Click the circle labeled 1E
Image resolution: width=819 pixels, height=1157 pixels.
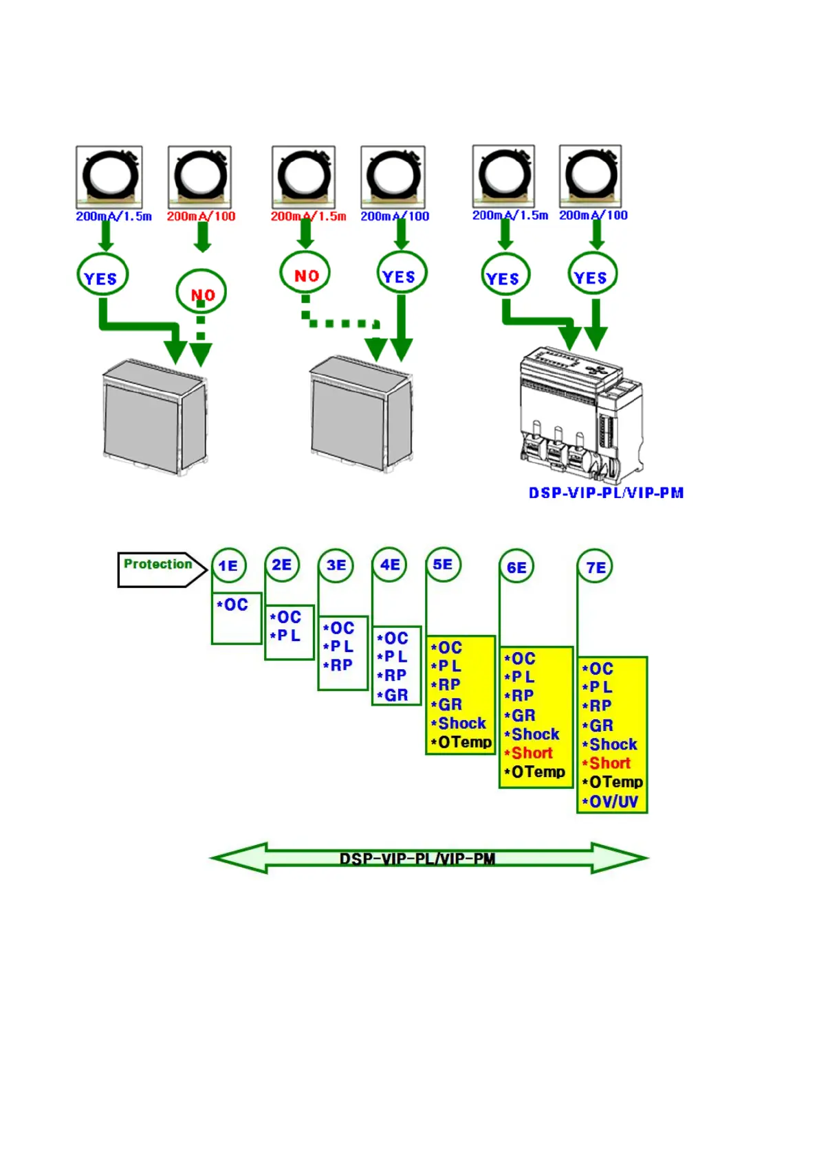coord(228,565)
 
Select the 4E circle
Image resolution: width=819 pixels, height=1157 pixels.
coord(390,565)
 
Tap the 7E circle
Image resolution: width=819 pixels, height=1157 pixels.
coord(596,568)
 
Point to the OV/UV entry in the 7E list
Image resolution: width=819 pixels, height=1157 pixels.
coord(611,801)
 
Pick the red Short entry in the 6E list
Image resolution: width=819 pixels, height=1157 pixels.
coord(529,753)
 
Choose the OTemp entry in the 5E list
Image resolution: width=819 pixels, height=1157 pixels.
coord(461,742)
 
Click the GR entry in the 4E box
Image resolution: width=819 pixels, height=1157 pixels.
coord(393,695)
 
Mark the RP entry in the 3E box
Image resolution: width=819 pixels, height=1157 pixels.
coord(338,665)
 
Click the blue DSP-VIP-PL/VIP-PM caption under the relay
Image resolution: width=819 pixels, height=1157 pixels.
coord(606,493)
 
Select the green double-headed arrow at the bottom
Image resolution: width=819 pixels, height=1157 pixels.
coord(428,858)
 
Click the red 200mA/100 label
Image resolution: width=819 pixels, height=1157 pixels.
coord(201,216)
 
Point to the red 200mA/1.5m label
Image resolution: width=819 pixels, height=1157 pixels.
coord(308,216)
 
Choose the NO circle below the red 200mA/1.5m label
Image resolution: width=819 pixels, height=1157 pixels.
coord(305,273)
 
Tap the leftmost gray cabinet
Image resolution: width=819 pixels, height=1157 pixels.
coord(155,418)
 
